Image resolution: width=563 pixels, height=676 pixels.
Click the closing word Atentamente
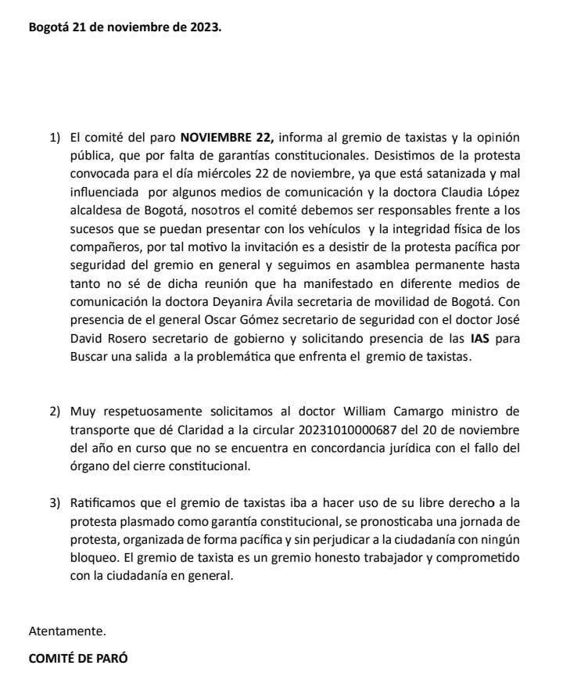coord(66,630)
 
